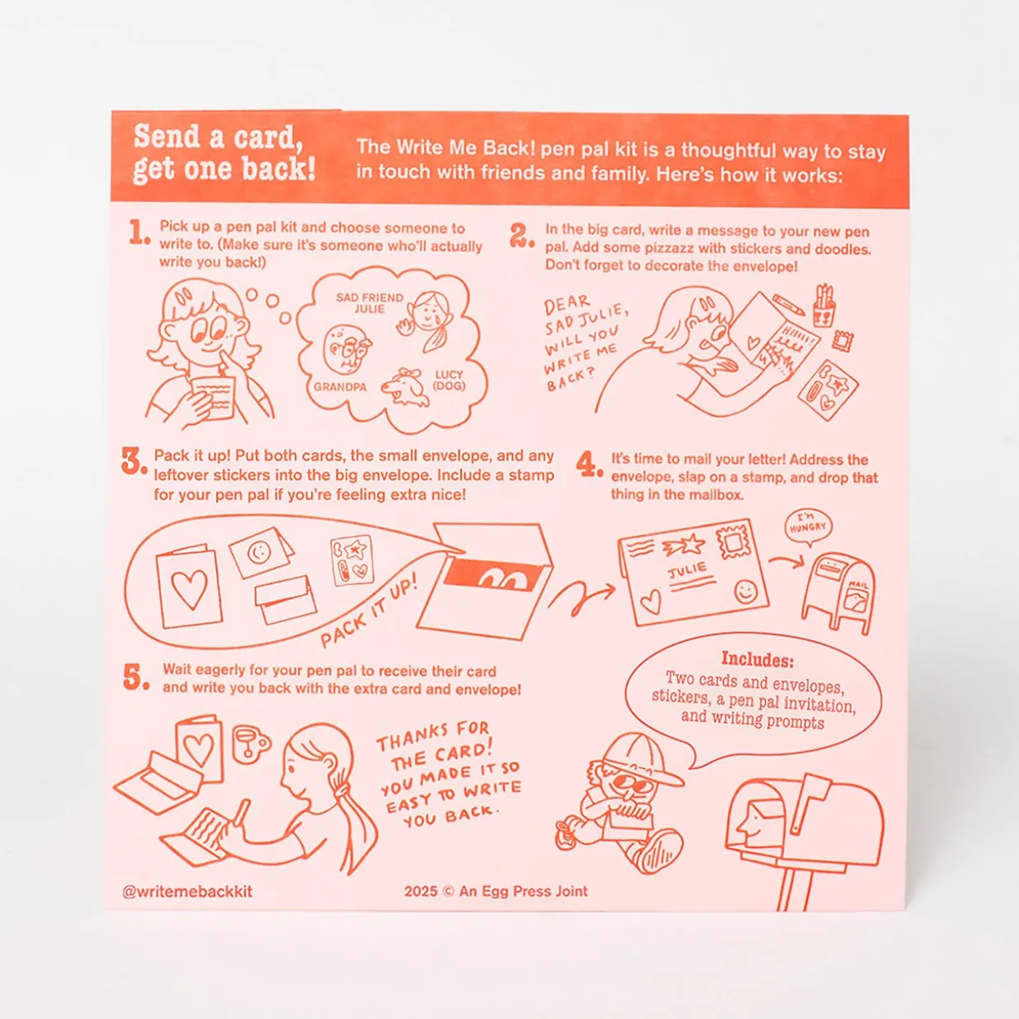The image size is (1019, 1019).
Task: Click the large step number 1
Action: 139,233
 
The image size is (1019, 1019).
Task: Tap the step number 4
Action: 589,464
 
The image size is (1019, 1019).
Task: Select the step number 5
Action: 136,677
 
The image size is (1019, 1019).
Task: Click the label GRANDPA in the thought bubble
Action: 339,387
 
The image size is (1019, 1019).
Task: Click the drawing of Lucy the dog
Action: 405,389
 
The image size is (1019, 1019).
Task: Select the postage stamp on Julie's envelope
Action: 733,542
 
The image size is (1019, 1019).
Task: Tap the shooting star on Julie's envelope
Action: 683,545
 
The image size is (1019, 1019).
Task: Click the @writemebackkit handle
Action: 187,892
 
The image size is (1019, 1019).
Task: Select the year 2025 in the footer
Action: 421,892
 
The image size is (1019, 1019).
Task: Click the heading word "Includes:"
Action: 757,660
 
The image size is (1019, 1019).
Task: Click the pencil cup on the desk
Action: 824,307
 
